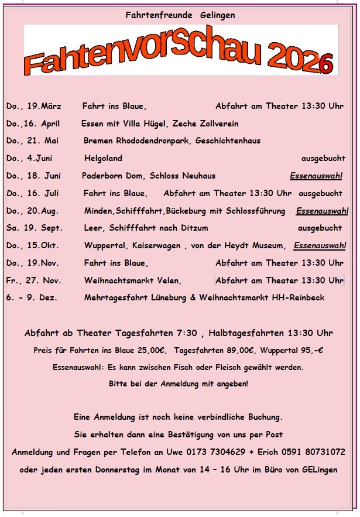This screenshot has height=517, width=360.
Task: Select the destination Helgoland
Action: [x=103, y=158]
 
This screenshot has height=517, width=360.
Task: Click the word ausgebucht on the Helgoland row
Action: [x=323, y=158]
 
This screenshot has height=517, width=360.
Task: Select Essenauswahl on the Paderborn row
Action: [x=316, y=176]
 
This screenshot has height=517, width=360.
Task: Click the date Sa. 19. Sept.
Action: [x=35, y=228]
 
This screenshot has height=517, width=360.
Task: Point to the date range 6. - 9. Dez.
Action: [x=32, y=298]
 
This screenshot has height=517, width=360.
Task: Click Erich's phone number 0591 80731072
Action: [x=317, y=452]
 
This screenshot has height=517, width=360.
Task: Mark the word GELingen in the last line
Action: [x=318, y=470]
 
